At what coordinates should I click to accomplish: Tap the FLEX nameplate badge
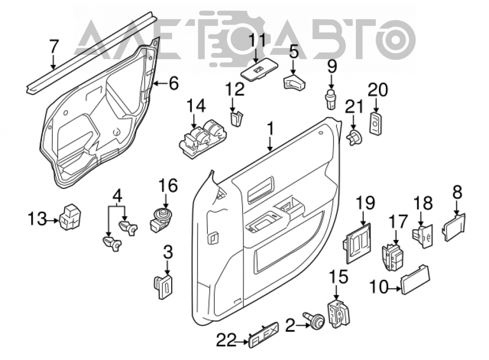pyautogui.click(x=264, y=335)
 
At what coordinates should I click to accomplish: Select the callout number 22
pyautogui.click(x=226, y=342)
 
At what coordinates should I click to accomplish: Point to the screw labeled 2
pyautogui.click(x=315, y=320)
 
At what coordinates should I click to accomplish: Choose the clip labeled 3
pyautogui.click(x=163, y=285)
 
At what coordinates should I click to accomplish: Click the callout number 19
pyautogui.click(x=365, y=203)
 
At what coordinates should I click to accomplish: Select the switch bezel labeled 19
pyautogui.click(x=357, y=243)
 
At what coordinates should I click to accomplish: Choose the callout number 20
pyautogui.click(x=378, y=90)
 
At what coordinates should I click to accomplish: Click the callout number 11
pyautogui.click(x=257, y=41)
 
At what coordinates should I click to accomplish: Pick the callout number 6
pyautogui.click(x=173, y=83)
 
